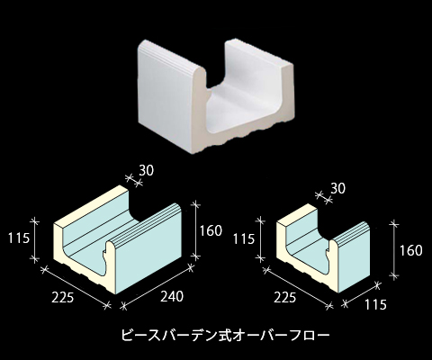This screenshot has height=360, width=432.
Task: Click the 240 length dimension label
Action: (172, 297)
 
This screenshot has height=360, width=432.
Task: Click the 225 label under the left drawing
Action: (62, 298)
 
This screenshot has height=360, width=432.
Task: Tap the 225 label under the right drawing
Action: (284, 297)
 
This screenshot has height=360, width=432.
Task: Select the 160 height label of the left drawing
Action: (211, 230)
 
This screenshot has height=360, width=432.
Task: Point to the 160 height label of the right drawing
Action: (410, 250)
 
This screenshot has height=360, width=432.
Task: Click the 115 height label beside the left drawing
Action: (19, 238)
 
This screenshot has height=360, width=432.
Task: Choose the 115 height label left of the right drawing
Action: (244, 239)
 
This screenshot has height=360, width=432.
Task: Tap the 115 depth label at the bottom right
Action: (375, 304)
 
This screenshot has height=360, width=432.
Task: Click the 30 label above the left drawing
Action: (146, 170)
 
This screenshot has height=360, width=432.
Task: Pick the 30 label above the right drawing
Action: (338, 188)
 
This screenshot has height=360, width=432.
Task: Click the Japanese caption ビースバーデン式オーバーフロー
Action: (225, 335)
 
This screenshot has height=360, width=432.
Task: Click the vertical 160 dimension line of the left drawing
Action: (195, 230)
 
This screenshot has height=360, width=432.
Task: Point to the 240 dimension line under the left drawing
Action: (157, 286)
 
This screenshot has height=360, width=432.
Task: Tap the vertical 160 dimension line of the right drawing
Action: (394, 249)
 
